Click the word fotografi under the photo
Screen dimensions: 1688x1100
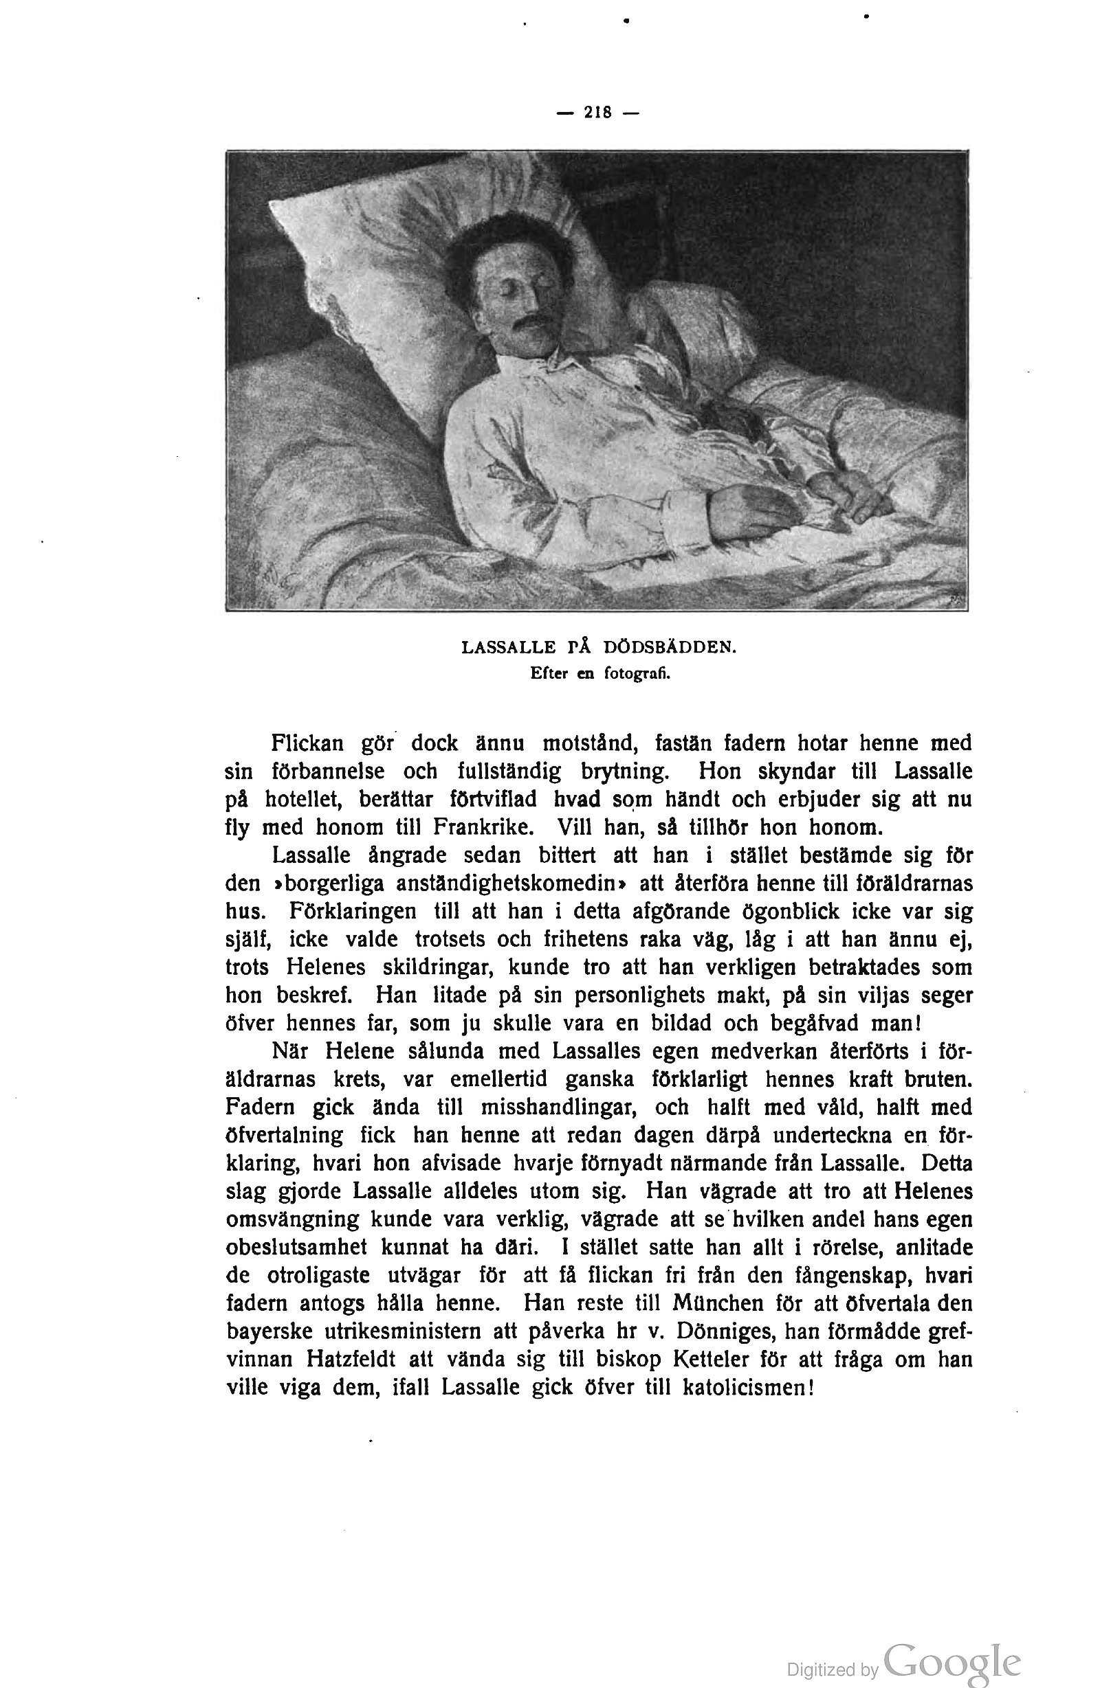[x=637, y=674]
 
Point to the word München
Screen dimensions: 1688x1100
[x=718, y=1303]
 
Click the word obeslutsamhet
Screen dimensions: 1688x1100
[x=296, y=1247]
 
